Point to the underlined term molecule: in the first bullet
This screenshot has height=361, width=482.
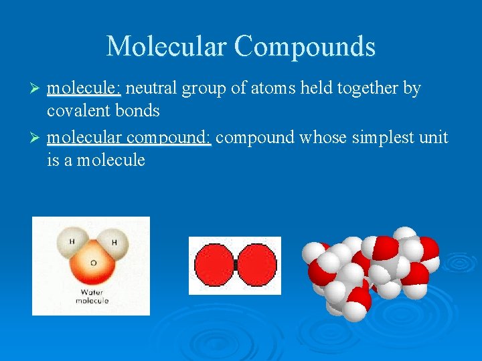click(x=84, y=89)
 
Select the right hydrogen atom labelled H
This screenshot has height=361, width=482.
click(x=114, y=243)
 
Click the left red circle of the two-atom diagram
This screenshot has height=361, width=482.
click(x=214, y=265)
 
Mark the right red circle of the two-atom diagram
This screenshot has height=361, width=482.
click(x=256, y=265)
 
